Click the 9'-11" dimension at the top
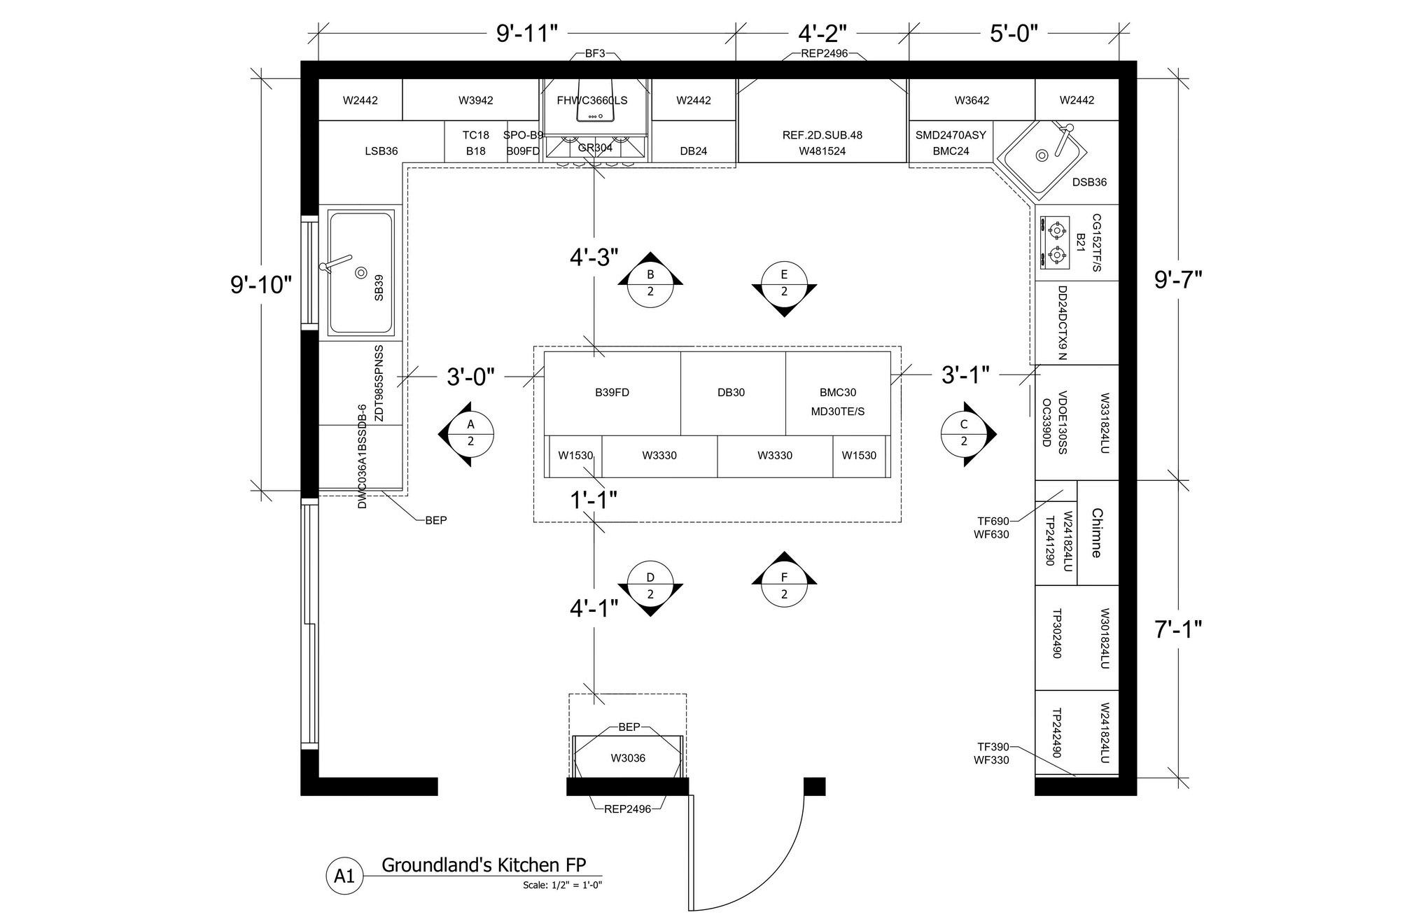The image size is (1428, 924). coord(527,33)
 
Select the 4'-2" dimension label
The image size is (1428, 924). coord(822,33)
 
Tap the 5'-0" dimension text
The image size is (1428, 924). coord(1014,33)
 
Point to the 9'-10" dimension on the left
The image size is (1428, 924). coord(261,285)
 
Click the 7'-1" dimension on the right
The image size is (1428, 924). coord(1178,630)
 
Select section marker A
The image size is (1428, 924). coord(470,433)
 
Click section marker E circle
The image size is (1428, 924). coord(784,283)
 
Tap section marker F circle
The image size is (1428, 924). coord(784,585)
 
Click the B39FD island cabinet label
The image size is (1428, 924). coord(612,393)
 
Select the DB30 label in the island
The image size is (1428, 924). coord(731,393)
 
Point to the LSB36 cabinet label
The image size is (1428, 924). coord(381,151)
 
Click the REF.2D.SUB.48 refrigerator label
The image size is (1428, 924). coord(822,135)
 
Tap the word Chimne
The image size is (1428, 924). coord(1097,533)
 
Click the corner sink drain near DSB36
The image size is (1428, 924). coord(1042,155)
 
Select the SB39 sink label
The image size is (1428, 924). coord(379,288)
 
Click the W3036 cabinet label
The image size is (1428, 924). coord(628,758)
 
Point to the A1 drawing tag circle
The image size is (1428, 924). coord(344,876)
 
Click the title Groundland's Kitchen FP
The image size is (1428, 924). coord(484,865)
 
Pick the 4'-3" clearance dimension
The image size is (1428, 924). coord(594,258)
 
